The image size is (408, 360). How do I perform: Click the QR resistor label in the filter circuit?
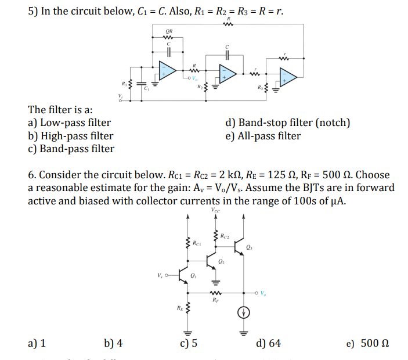click(x=169, y=31)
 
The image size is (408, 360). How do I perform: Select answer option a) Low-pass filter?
click(x=70, y=123)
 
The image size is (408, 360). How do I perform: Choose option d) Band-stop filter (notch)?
click(x=287, y=123)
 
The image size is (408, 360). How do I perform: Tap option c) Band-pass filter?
click(x=71, y=149)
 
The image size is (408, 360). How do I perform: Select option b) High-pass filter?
click(x=71, y=136)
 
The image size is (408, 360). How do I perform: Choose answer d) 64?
click(x=268, y=343)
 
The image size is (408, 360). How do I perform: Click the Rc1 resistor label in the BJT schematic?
click(x=197, y=243)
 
